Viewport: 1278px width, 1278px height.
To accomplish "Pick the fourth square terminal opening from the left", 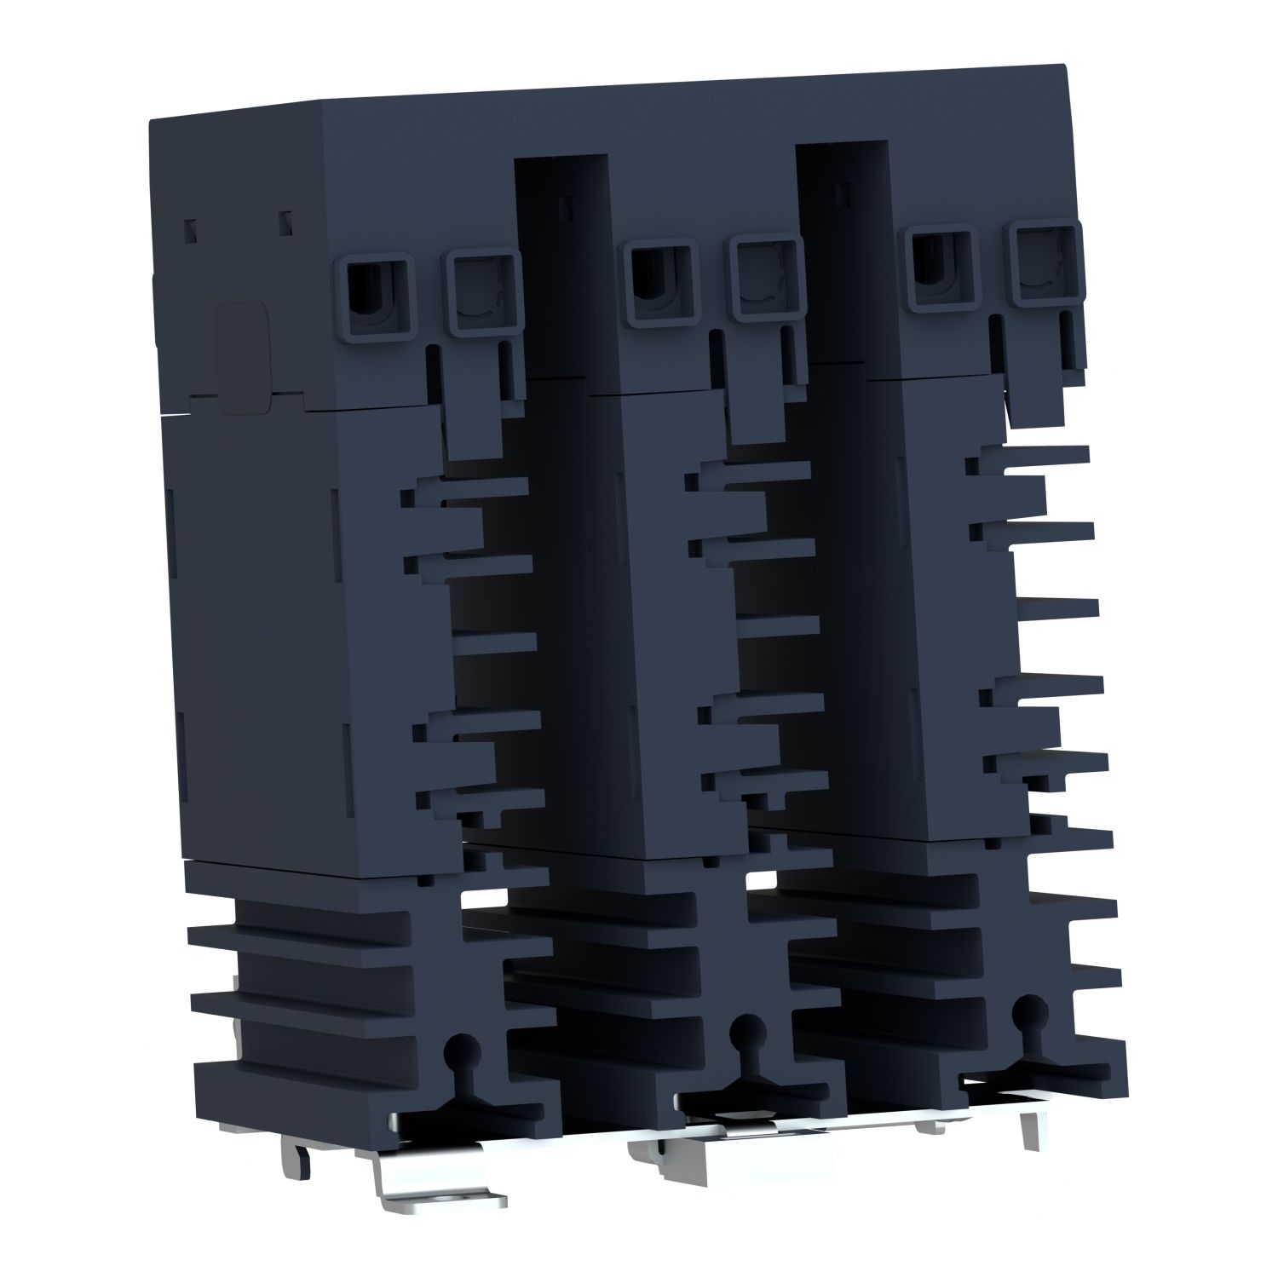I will click(x=768, y=279).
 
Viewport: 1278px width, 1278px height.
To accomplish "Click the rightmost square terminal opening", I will click(x=1045, y=264).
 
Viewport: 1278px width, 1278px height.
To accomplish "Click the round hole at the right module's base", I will click(x=1028, y=1007).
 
